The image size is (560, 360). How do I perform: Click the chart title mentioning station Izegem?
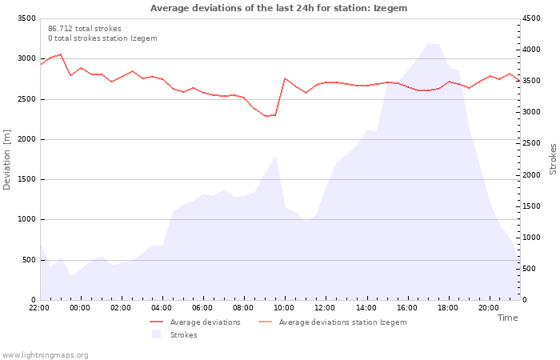[278, 8]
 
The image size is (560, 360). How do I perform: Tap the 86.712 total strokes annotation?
[85, 29]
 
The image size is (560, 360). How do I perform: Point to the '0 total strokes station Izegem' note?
[102, 38]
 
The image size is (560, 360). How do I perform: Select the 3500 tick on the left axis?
[26, 18]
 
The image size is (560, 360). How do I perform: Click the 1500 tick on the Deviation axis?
[26, 179]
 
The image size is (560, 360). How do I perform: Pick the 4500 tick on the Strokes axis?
[531, 18]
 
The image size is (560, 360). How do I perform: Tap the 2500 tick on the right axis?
[531, 143]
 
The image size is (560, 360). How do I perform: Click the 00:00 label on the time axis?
[80, 308]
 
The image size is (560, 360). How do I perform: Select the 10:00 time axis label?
[284, 308]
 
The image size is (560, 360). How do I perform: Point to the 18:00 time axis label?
[448, 308]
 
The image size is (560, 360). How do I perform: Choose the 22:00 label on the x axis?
[39, 308]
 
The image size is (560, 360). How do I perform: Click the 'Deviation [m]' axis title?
[6, 160]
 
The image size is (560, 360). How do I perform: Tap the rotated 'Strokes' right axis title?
[553, 159]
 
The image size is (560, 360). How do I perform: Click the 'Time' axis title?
[507, 318]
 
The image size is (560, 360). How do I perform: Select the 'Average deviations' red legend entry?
[195, 322]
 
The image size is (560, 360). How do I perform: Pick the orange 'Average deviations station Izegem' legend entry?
[332, 322]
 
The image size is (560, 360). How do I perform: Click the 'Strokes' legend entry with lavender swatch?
[174, 334]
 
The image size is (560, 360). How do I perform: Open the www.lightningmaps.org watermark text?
[45, 355]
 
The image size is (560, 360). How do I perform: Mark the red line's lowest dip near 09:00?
[266, 116]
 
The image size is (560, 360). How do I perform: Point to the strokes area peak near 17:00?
[429, 43]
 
